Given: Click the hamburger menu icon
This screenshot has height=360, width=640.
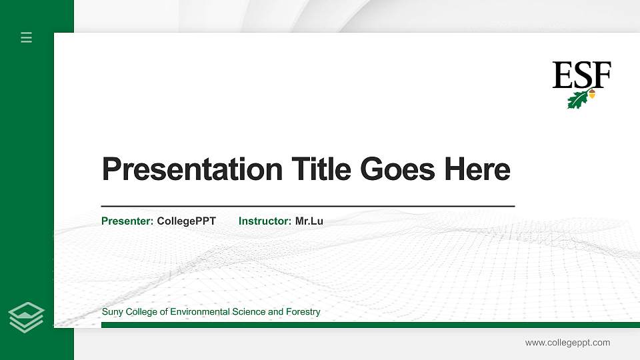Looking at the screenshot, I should (x=27, y=37).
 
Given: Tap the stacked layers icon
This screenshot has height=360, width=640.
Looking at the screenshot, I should (x=27, y=317).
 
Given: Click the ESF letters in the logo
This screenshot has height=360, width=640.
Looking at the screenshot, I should (x=581, y=75).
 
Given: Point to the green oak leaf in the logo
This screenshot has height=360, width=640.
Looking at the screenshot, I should (x=577, y=100).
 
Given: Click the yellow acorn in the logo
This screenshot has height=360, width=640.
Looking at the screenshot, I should (x=592, y=95).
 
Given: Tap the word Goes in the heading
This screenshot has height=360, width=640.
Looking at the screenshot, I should (x=397, y=169).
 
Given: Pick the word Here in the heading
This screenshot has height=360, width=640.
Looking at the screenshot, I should (x=477, y=169).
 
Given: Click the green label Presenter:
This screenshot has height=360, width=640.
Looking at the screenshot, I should (x=127, y=221).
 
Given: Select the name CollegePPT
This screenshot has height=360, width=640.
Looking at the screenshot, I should (x=187, y=221).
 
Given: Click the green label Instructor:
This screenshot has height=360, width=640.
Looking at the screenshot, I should (x=265, y=221).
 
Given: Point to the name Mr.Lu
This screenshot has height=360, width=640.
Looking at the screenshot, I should (x=309, y=221).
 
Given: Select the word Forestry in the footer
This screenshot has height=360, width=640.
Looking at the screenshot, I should (x=303, y=312).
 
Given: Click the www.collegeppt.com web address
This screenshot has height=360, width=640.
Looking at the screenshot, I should (x=567, y=343).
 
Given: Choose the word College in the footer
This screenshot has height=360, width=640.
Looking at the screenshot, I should (x=142, y=312).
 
